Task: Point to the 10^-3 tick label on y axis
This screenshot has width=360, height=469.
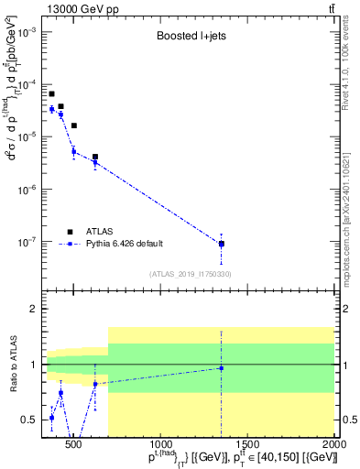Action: (x=29, y=31)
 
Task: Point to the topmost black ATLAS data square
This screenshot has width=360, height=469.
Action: (x=51, y=93)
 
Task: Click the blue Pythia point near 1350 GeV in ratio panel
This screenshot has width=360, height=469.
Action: (x=221, y=368)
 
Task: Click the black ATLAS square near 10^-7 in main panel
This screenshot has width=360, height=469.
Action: (x=221, y=244)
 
